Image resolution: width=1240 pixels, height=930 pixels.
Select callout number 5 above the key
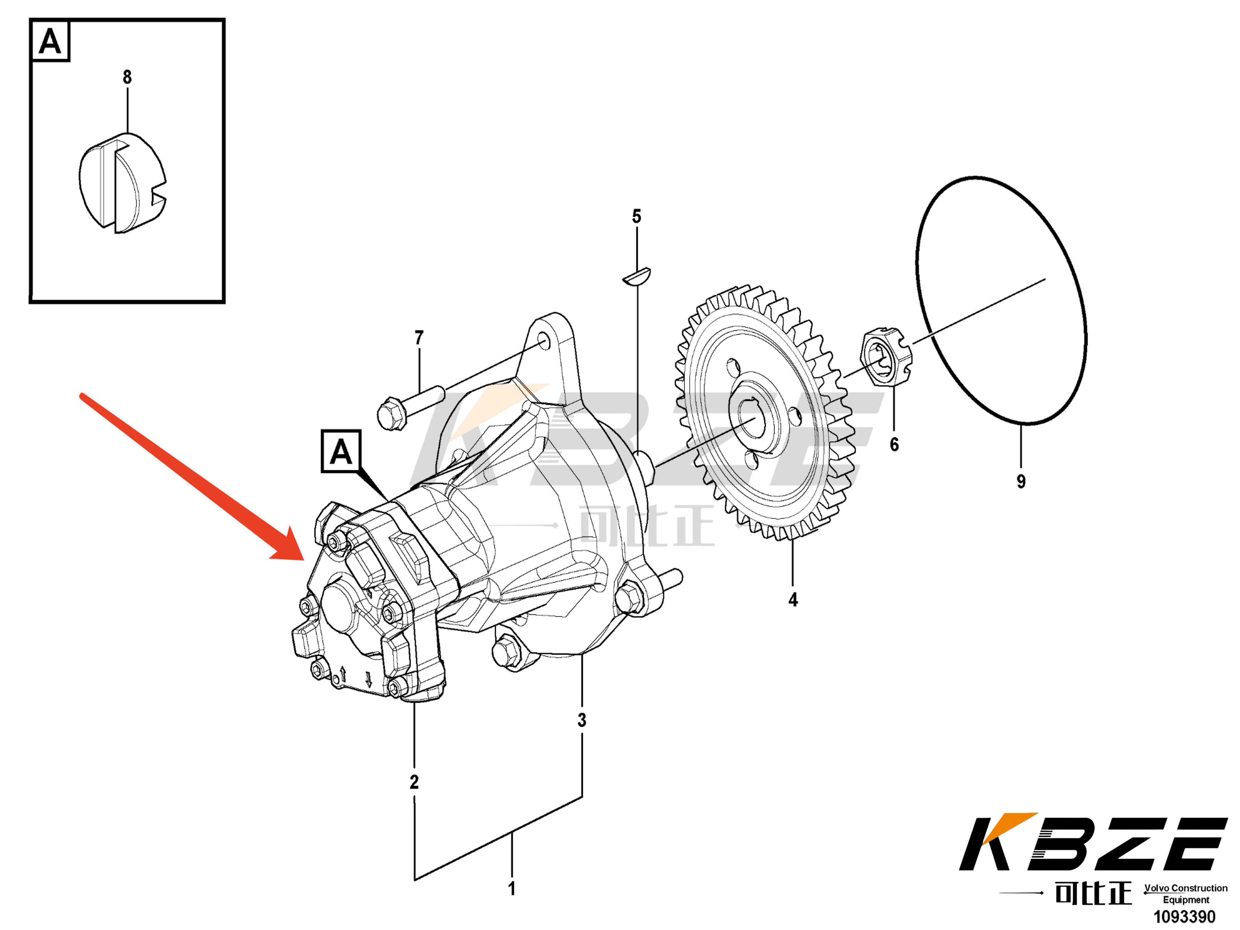point(636,217)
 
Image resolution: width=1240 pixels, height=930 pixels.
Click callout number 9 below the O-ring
point(1021,481)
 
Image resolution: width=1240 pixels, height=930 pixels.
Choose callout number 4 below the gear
point(793,600)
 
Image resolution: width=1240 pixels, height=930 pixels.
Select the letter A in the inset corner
point(50,42)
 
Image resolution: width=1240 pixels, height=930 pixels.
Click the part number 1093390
point(1184,917)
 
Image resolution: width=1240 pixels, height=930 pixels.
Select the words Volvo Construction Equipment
point(1186,894)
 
